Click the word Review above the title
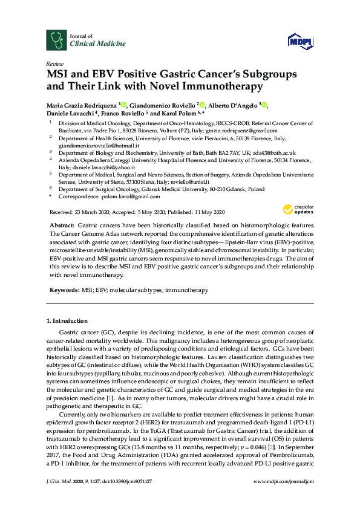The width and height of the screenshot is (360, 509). pos(54,63)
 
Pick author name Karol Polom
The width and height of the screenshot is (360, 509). pos(177,113)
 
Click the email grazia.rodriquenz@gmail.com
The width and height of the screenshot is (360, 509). pos(243,131)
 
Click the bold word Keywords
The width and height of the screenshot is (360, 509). pos(64,290)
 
